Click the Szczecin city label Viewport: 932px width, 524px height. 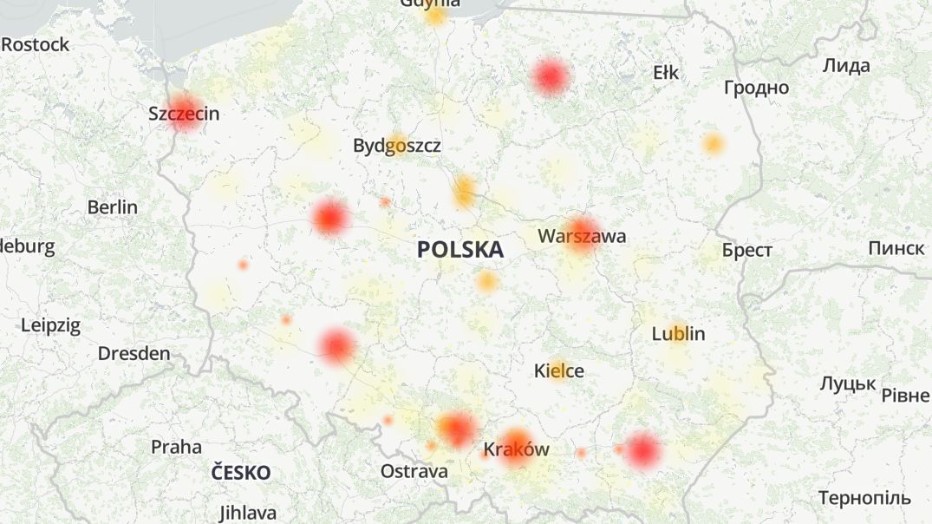point(184,114)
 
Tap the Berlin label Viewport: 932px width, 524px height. point(113,207)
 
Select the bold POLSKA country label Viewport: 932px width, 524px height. point(459,250)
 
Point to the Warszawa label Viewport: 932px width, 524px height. point(582,236)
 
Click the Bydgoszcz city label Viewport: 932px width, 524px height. point(397,146)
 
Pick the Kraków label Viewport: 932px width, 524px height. point(517,449)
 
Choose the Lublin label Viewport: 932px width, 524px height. point(679,334)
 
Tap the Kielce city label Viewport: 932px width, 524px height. point(559,371)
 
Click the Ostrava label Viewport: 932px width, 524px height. point(414,472)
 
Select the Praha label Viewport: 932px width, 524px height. point(176,448)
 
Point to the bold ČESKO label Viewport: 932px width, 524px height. point(242,474)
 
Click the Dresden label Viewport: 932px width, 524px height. point(134,354)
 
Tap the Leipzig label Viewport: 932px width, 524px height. point(50,326)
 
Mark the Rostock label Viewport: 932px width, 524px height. point(35,44)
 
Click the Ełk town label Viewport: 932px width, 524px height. point(666,73)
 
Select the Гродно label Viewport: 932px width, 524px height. point(757,88)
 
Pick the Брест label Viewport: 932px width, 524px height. point(746,251)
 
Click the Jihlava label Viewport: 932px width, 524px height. point(248,513)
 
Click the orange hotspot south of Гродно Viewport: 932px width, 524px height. point(713,144)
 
